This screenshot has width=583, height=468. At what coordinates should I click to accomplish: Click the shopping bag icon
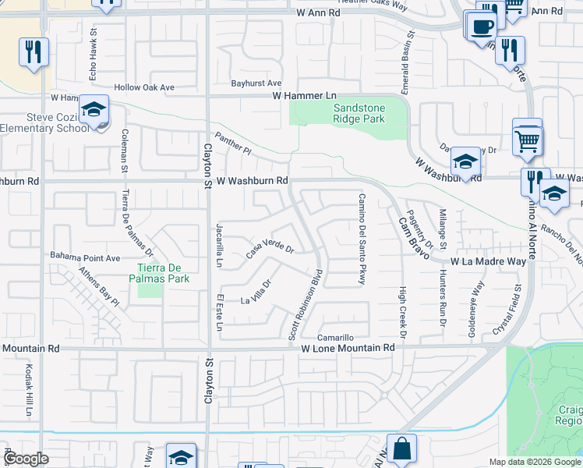[x=401, y=449]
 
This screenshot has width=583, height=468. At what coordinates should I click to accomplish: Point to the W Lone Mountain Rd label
[x=348, y=347]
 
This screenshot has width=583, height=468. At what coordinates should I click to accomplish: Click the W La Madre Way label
[x=488, y=262]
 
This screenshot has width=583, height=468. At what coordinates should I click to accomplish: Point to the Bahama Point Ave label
[x=85, y=257]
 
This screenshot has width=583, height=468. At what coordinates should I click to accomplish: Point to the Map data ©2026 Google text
[x=534, y=462]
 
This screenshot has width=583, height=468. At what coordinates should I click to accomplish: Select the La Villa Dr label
[x=256, y=292]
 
